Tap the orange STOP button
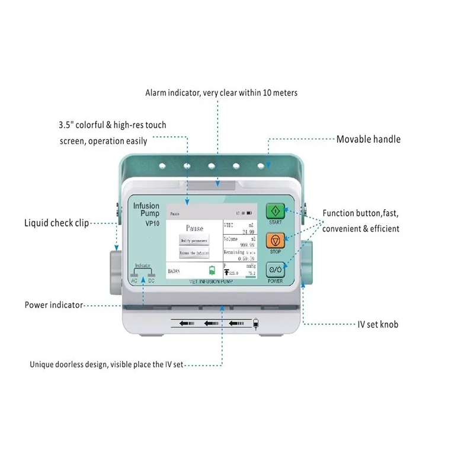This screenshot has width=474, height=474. (x=276, y=240)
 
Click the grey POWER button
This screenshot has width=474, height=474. (x=276, y=269)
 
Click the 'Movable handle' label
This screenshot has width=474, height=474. (x=369, y=140)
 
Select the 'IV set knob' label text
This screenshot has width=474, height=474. (x=377, y=325)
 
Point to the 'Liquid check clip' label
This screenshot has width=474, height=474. (x=56, y=223)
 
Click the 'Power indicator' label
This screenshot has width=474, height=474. (x=53, y=305)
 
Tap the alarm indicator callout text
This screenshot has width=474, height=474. (x=222, y=93)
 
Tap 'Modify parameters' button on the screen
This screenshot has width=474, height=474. (x=194, y=241)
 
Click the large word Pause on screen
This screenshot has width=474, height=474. (x=194, y=228)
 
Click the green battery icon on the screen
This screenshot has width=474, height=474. (x=212, y=270)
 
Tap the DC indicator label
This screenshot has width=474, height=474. (x=151, y=281)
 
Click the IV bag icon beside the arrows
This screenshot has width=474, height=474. (x=255, y=324)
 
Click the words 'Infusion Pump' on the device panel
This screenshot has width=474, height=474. (x=146, y=210)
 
